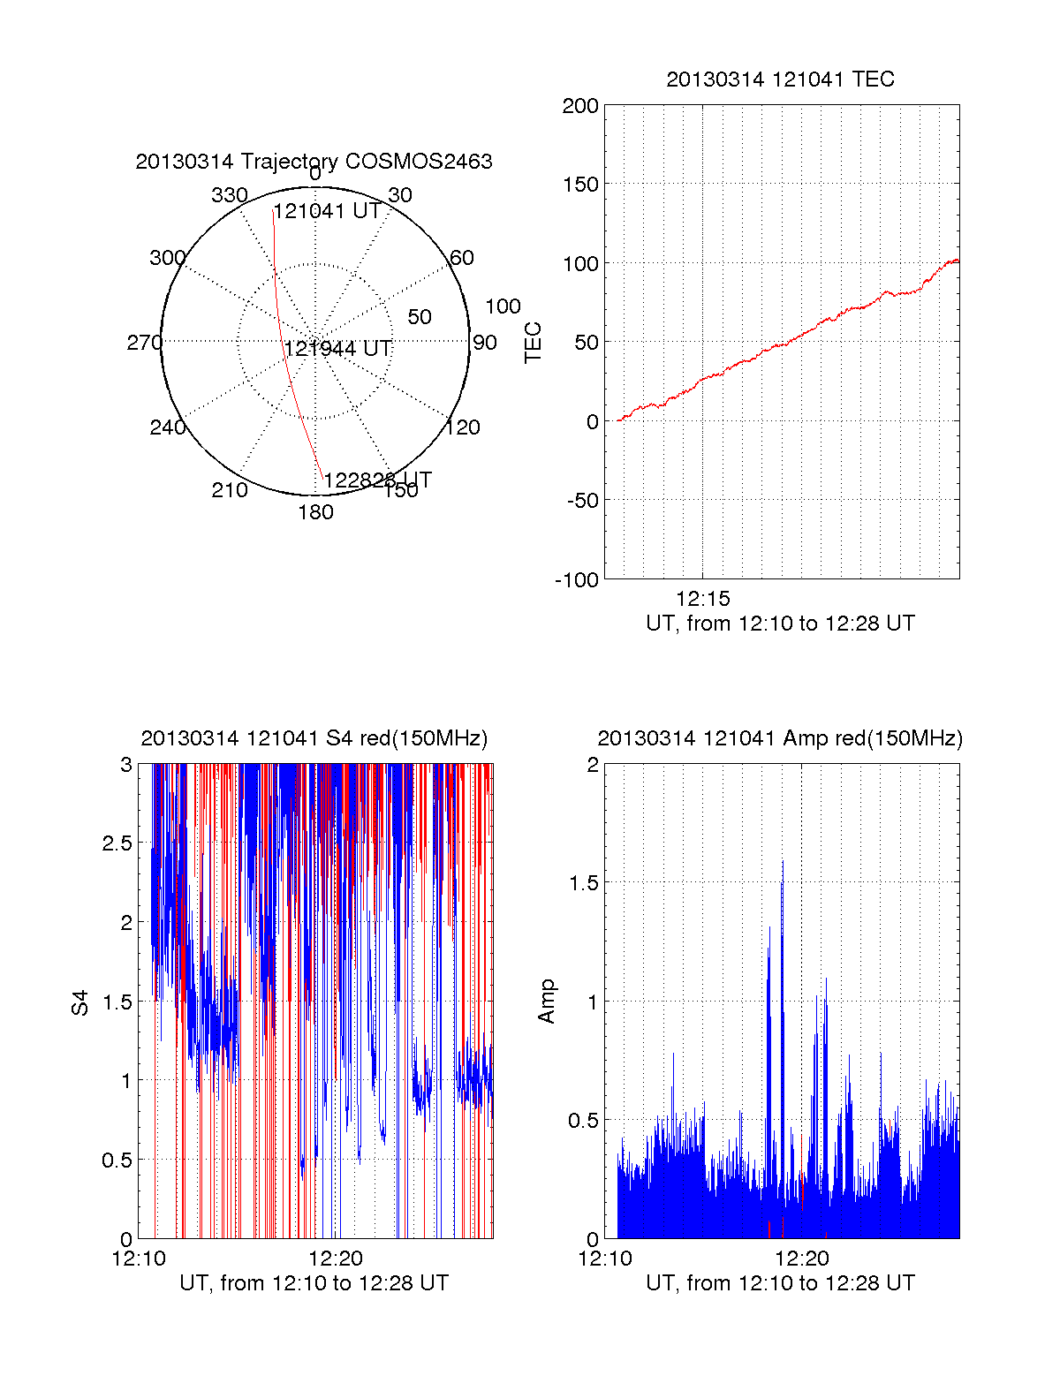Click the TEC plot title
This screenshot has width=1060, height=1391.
780,79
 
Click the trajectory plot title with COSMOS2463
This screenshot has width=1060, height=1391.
314,162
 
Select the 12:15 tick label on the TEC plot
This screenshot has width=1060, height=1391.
703,599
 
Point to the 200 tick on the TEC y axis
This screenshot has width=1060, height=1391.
580,106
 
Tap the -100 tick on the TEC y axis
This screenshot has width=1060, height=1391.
577,580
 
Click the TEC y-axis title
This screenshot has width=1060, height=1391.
533,342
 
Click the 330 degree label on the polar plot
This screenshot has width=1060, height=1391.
229,195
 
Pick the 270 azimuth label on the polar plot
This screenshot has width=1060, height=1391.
144,343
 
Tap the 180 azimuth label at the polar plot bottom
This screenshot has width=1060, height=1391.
315,512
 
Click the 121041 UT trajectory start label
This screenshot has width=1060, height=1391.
327,211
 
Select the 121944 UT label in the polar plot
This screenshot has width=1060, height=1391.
337,349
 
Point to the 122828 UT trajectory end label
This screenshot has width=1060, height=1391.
377,480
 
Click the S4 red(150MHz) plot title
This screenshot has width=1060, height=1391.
314,738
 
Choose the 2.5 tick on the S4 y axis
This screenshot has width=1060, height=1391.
117,843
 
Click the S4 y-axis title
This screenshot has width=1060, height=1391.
80,1002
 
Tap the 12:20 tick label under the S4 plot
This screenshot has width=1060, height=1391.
336,1259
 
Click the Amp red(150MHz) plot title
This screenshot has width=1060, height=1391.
780,738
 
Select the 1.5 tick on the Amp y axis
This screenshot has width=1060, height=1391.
584,882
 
